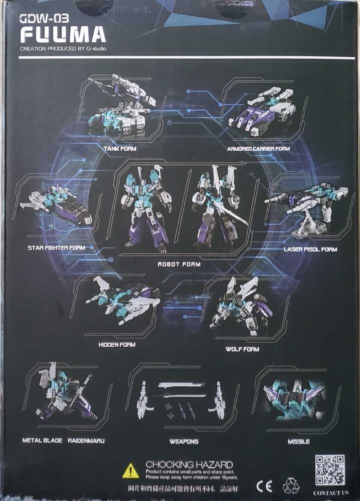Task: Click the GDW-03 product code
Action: (x=37, y=19)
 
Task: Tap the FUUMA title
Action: (x=63, y=35)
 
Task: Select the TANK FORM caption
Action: (x=120, y=149)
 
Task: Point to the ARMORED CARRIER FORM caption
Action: (x=258, y=149)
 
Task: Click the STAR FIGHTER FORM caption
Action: (x=57, y=247)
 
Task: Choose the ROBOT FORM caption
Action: (x=179, y=264)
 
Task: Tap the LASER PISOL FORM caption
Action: (x=310, y=249)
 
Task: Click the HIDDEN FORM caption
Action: (x=117, y=345)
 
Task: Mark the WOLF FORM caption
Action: (x=242, y=349)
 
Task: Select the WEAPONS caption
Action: (x=184, y=441)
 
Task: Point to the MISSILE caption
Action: (x=299, y=441)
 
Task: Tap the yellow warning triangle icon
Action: (x=130, y=471)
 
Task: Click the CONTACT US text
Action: (x=330, y=493)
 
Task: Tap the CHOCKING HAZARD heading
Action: (x=189, y=464)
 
